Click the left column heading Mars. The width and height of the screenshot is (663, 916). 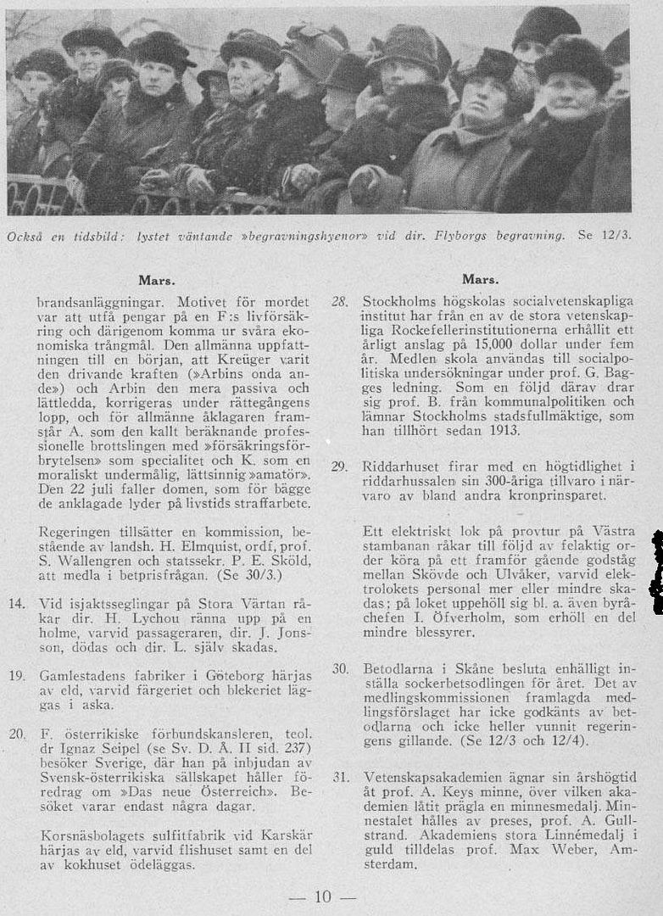156,279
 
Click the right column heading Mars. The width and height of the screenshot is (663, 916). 480,279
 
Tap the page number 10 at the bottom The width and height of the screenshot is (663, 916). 323,896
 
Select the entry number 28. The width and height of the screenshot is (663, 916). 340,302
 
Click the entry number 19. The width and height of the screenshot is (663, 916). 16,676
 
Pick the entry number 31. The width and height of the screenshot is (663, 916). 340,777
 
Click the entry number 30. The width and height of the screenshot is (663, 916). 340,669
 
